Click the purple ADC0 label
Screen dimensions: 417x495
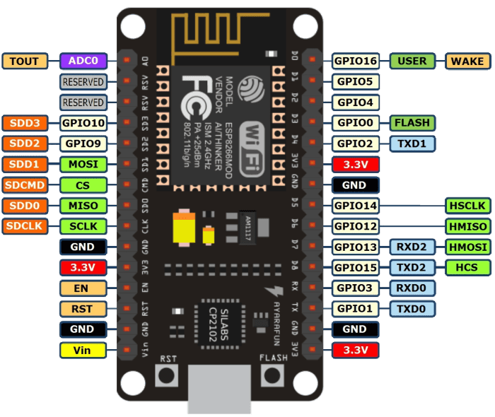click(x=83, y=61)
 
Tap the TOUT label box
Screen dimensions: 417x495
click(x=25, y=61)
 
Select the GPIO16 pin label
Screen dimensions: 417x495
click(x=356, y=61)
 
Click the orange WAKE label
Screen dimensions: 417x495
click(x=467, y=61)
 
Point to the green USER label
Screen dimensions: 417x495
click(x=412, y=61)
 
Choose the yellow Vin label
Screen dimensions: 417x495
click(x=83, y=350)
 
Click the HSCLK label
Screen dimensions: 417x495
click(x=467, y=206)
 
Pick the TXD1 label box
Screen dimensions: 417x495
click(x=412, y=143)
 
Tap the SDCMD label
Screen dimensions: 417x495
click(x=25, y=185)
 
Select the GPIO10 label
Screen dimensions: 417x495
click(x=83, y=123)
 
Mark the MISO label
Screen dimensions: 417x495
click(x=83, y=206)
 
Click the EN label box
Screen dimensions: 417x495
click(x=83, y=288)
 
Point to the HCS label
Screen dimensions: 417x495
click(x=467, y=268)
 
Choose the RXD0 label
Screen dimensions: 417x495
click(x=412, y=288)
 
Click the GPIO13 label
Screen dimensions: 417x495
click(x=356, y=247)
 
